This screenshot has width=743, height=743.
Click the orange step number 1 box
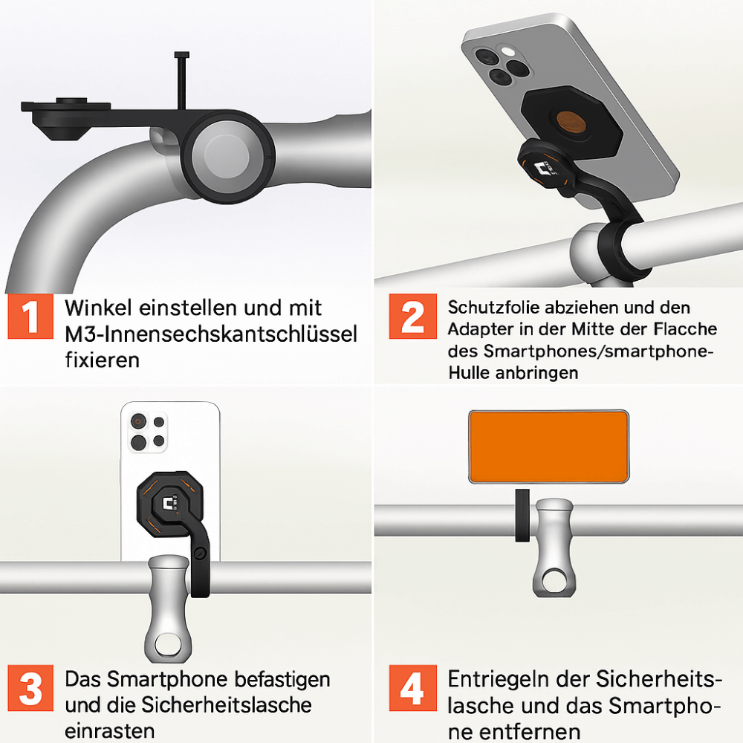30,316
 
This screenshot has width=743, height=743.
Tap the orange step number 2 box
412,316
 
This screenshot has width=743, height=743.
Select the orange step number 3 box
30,688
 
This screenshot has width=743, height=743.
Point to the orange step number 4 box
412,688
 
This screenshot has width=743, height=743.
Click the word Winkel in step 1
98,308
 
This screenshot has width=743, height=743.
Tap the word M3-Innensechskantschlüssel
211,334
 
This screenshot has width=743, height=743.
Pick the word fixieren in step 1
103,360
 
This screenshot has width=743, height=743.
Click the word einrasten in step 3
109,730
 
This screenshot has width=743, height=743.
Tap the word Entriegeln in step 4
499,680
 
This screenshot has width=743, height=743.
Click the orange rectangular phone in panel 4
549,447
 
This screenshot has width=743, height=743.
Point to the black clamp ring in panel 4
522,516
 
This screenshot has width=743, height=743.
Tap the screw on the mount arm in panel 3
201,553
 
